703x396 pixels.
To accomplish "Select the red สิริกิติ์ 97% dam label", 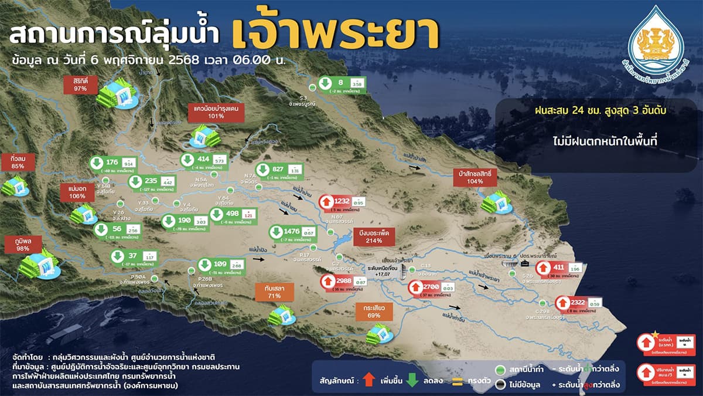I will [x=81, y=84].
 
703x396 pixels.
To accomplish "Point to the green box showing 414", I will [x=203, y=160].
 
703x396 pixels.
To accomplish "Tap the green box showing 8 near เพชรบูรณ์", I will [x=339, y=84].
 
